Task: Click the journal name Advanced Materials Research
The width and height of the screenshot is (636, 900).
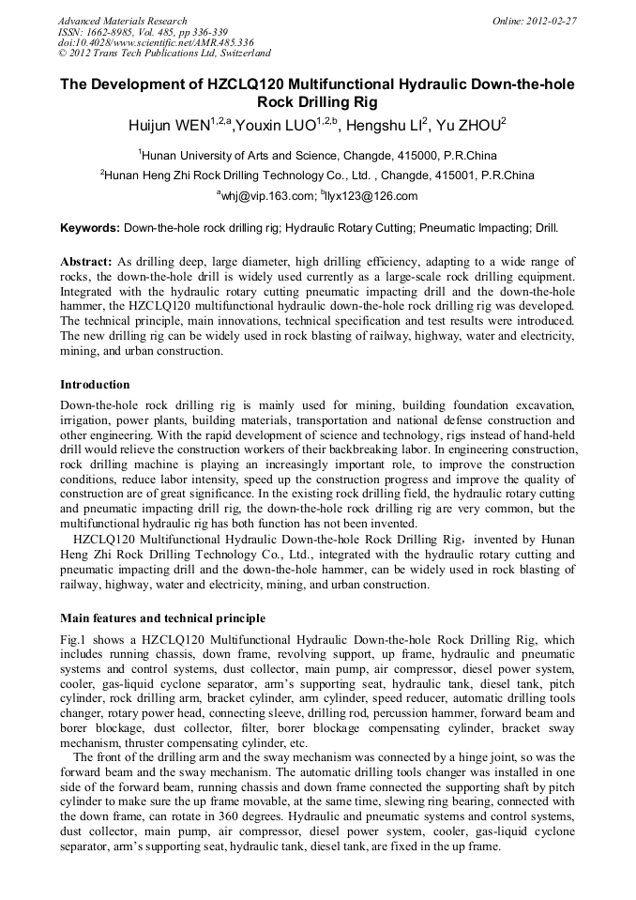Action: (122, 21)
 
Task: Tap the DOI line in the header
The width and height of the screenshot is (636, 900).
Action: (156, 43)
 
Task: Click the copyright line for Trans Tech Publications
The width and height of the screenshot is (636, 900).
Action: (164, 53)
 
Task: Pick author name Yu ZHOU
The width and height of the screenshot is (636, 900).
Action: (468, 124)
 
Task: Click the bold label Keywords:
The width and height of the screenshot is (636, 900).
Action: (90, 228)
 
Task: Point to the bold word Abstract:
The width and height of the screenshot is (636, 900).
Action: (87, 261)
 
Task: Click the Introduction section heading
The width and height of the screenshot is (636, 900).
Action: (95, 384)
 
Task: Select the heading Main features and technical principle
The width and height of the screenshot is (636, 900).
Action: (162, 618)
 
